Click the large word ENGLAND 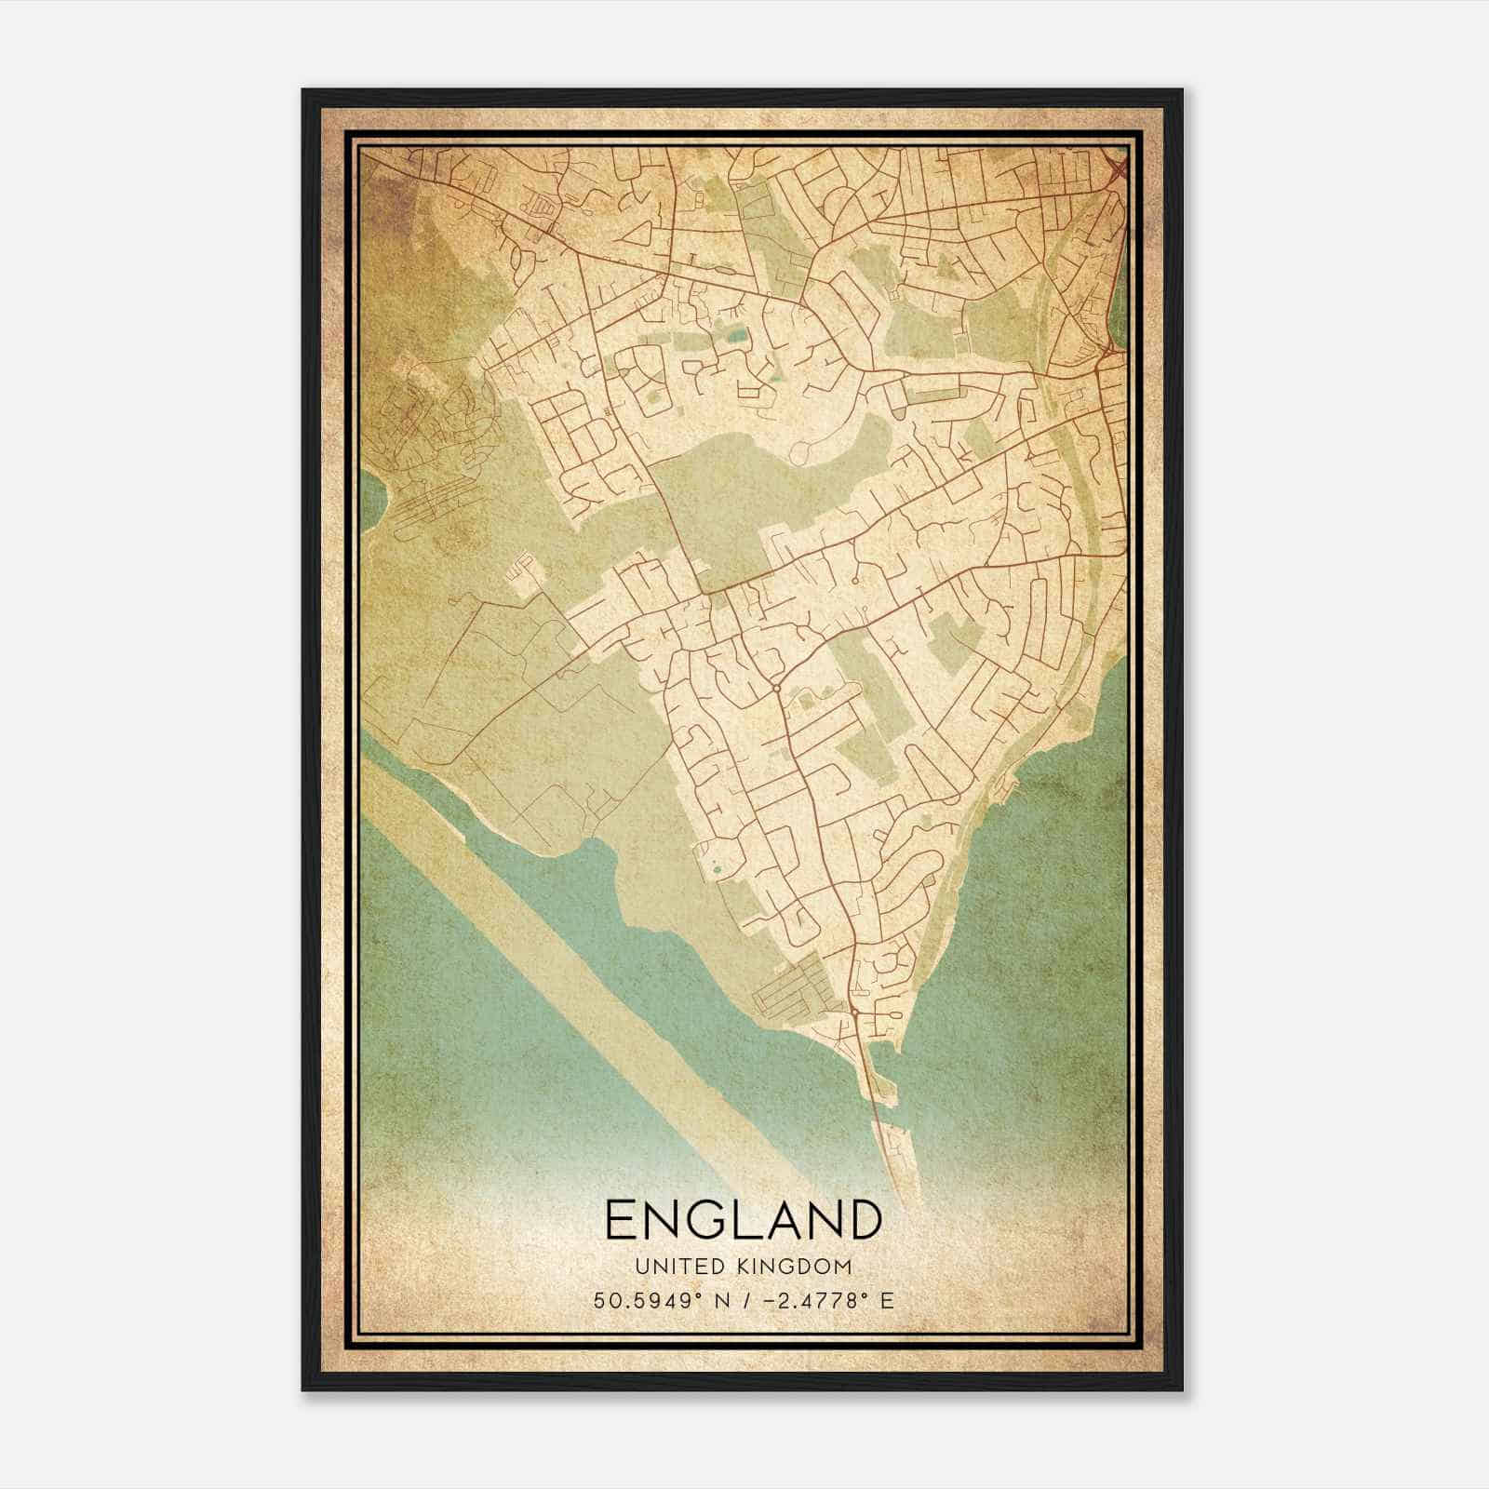tap(743, 1220)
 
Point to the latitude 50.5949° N tap(662, 1300)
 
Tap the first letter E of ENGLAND tap(622, 1220)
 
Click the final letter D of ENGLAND tap(864, 1220)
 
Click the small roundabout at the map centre tap(775, 689)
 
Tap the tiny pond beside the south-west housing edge tap(716, 869)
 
